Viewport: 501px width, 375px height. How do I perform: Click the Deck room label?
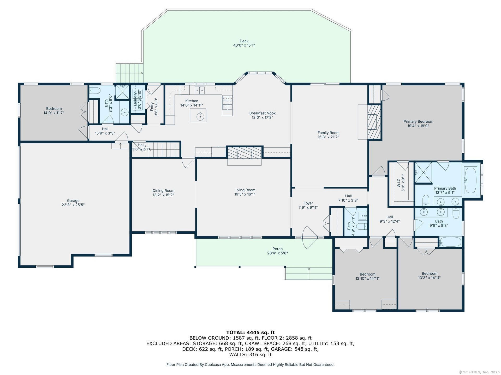tap(244, 41)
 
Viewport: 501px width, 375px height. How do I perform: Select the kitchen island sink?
tap(200, 116)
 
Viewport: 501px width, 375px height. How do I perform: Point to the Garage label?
tap(73, 201)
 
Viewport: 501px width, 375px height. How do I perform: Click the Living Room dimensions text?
tap(245, 194)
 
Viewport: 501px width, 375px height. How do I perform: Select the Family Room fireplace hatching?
tap(374, 122)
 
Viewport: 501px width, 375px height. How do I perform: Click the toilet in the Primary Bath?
tap(426, 200)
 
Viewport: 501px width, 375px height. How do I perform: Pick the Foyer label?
tap(308, 203)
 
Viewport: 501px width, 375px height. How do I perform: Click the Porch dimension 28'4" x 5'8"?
tap(277, 253)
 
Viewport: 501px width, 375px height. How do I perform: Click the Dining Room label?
tap(163, 191)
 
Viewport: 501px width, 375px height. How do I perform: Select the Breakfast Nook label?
tap(262, 113)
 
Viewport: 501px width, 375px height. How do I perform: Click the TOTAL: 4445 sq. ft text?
tap(250, 332)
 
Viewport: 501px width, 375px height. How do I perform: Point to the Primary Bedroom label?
tap(418, 121)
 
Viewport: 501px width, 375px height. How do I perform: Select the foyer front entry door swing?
tap(309, 237)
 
